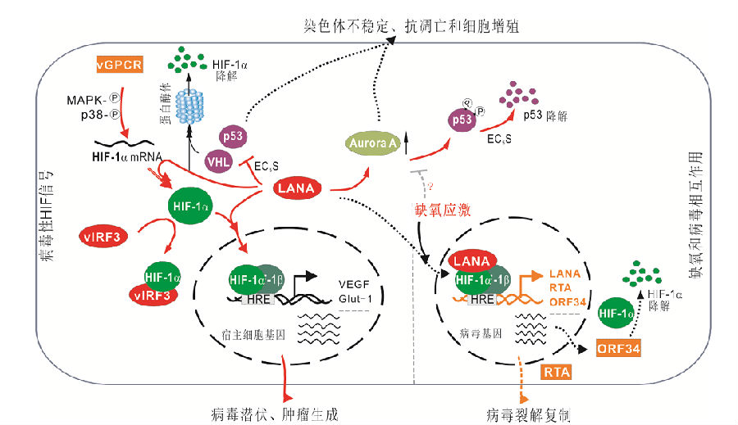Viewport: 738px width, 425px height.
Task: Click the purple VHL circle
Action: point(219,161)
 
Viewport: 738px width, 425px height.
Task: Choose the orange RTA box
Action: point(558,373)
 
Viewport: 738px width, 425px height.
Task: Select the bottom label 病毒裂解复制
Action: point(526,414)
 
